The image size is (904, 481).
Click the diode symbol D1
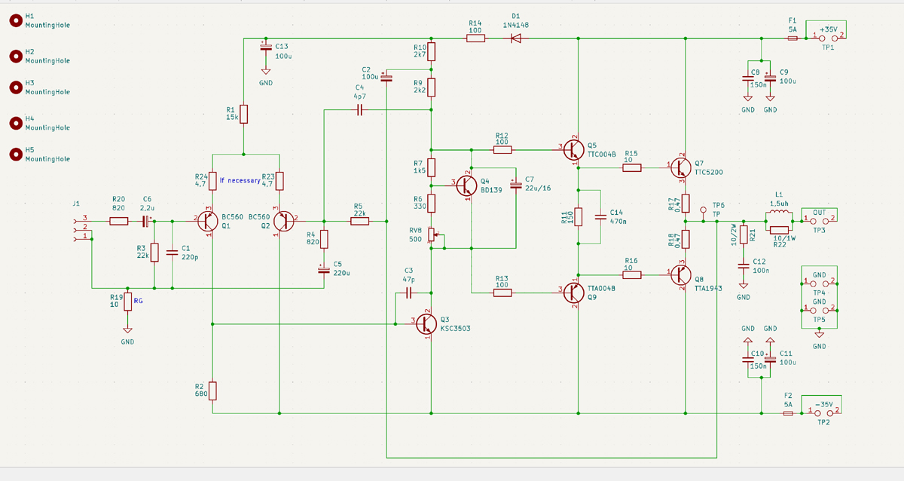tap(516, 38)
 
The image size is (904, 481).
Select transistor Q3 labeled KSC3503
tap(426, 323)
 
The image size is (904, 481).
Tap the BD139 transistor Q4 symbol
tap(466, 185)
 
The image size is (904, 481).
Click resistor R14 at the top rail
tap(475, 38)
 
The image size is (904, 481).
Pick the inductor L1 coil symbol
tap(779, 213)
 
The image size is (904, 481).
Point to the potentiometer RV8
tap(432, 234)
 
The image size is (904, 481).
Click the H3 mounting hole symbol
tap(16, 87)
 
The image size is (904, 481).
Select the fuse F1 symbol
tap(793, 38)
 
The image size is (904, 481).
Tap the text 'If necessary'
tap(240, 180)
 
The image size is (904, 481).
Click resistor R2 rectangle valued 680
tap(212, 391)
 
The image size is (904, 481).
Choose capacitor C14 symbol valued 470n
tap(600, 217)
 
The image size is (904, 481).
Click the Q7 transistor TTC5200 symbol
tap(681, 167)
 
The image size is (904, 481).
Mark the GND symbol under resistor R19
tap(127, 330)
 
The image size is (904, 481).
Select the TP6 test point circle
tap(703, 210)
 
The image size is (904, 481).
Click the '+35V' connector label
tap(829, 29)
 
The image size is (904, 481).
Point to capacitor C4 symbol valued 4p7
tap(359, 109)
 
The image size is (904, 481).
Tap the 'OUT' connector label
tap(820, 213)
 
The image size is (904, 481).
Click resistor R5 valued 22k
tap(359, 222)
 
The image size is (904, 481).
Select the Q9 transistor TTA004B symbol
tap(573, 293)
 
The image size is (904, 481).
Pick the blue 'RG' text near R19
tap(138, 301)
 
